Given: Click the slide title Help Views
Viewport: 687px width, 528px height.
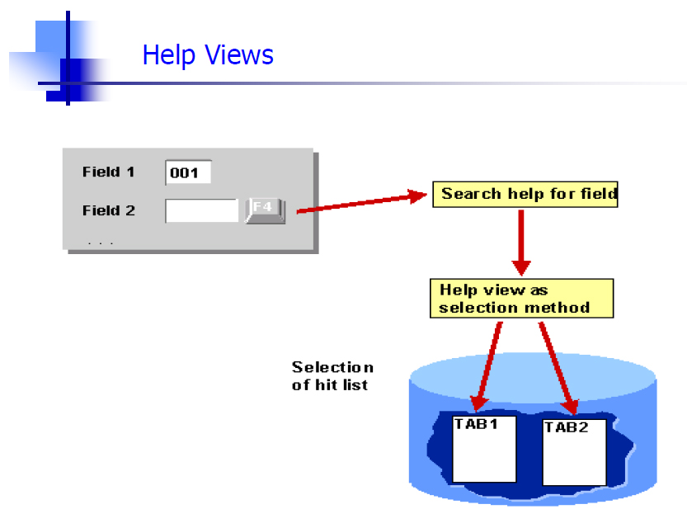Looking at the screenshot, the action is [x=208, y=55].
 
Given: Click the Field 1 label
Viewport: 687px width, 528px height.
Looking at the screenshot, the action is [x=108, y=172].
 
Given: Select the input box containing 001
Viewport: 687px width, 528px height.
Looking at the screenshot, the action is [x=188, y=172].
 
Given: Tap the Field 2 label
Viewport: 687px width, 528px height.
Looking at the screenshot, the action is [x=109, y=210].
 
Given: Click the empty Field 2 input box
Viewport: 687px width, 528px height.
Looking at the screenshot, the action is [x=202, y=210].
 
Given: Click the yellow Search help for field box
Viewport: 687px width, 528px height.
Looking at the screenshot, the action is [x=525, y=194].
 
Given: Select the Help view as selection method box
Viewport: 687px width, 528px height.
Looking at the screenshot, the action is [x=521, y=299].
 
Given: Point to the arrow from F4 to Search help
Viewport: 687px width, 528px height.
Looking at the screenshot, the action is [x=362, y=202].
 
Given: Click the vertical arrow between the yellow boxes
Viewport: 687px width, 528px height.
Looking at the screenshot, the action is [x=521, y=243].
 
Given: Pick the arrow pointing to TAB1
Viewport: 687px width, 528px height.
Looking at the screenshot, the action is [x=487, y=366].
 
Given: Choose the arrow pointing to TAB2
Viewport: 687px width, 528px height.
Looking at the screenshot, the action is [x=558, y=368].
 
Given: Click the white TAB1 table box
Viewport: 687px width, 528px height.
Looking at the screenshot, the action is [x=484, y=449].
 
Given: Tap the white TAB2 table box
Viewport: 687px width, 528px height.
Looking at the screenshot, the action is [x=574, y=453].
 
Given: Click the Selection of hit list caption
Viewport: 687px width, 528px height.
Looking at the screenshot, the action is [x=332, y=376].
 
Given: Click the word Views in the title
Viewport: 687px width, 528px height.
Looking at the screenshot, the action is [x=239, y=55].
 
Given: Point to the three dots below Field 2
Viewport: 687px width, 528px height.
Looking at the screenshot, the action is [x=101, y=243].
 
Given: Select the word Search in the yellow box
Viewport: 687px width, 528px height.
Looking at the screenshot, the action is [x=471, y=194].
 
